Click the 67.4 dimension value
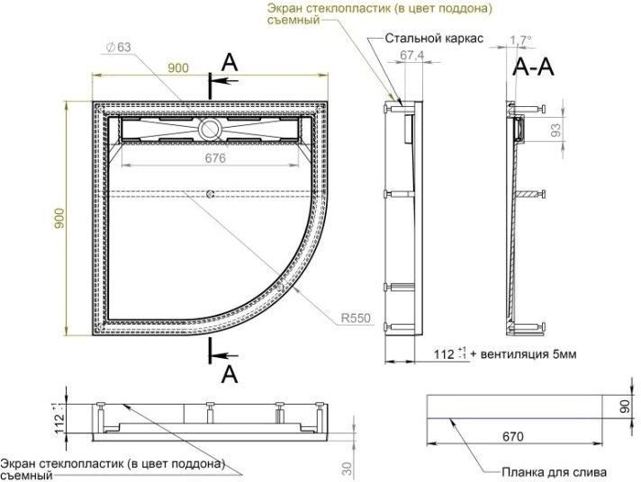(x=411, y=56)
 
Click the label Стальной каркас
(x=435, y=40)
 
